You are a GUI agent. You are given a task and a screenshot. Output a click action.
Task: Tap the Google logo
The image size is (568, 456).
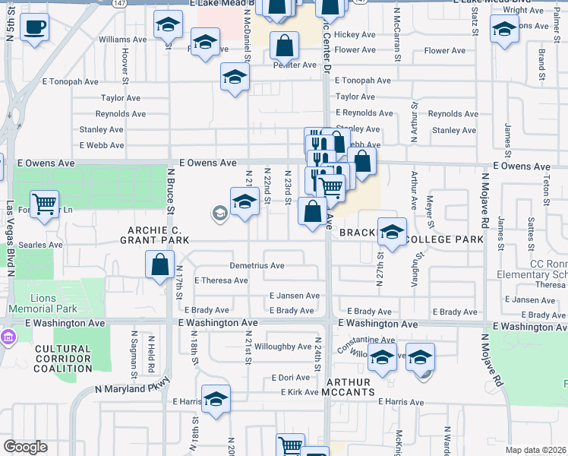pos(25,447)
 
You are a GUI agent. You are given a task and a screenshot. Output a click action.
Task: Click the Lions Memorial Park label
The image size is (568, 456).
pos(43,303)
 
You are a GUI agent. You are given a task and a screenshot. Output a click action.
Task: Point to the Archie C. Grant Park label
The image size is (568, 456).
pos(154,234)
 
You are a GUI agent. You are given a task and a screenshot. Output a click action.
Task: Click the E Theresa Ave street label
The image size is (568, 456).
pos(221,280)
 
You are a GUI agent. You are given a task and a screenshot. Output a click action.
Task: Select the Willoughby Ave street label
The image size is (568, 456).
pos(283,347)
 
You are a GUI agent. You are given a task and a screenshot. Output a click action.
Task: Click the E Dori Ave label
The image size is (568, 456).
pos(291,378)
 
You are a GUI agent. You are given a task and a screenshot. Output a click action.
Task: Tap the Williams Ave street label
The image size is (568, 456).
pos(121,38)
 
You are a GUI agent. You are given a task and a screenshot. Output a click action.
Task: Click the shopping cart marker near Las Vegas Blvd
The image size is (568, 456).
pos(46,203)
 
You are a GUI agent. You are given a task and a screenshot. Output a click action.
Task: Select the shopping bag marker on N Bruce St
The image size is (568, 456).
pos(159,266)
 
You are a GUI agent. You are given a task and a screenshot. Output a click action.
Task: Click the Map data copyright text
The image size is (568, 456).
pos(535,450)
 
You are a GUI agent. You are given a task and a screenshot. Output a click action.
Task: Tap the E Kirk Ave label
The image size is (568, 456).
pos(299,392)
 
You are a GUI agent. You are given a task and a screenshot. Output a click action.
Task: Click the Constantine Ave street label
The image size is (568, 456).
pos(367,340)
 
